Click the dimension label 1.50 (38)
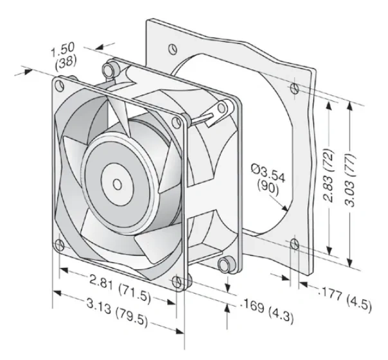(x=64, y=56)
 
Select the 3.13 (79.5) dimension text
(x=117, y=312)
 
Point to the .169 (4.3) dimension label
(x=268, y=311)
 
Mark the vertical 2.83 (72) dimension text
(x=329, y=175)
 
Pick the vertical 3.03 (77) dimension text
(x=350, y=180)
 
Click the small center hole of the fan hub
(x=117, y=184)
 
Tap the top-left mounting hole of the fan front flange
(x=60, y=86)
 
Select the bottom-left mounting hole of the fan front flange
(x=60, y=245)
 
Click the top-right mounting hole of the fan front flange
(x=176, y=122)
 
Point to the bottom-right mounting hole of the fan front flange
(x=176, y=282)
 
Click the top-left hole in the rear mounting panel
(x=173, y=49)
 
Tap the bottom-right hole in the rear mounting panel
(x=295, y=244)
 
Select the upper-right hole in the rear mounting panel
(x=294, y=89)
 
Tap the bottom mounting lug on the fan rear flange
(x=226, y=265)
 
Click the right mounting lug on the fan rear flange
(x=224, y=108)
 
